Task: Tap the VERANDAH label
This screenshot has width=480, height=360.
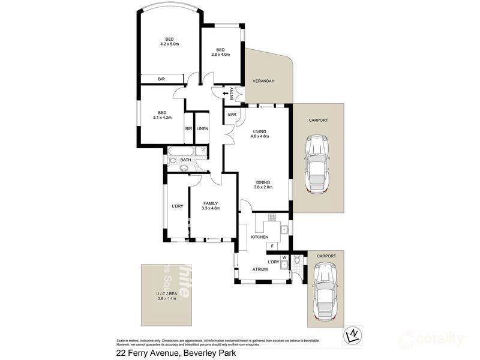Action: (263, 81)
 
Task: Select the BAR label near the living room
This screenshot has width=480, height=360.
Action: (231, 114)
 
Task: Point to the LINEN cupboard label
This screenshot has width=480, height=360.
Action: (202, 128)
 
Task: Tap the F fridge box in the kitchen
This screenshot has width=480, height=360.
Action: (272, 246)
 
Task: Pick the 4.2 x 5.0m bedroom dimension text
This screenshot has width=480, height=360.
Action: (170, 44)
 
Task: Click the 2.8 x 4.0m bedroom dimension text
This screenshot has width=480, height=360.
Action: (220, 55)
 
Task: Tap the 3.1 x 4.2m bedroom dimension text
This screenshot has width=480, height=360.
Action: (162, 118)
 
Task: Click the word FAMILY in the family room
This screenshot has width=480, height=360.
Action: (210, 203)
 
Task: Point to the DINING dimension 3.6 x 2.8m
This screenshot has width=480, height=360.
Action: (262, 187)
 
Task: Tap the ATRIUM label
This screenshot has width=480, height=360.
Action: (260, 269)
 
